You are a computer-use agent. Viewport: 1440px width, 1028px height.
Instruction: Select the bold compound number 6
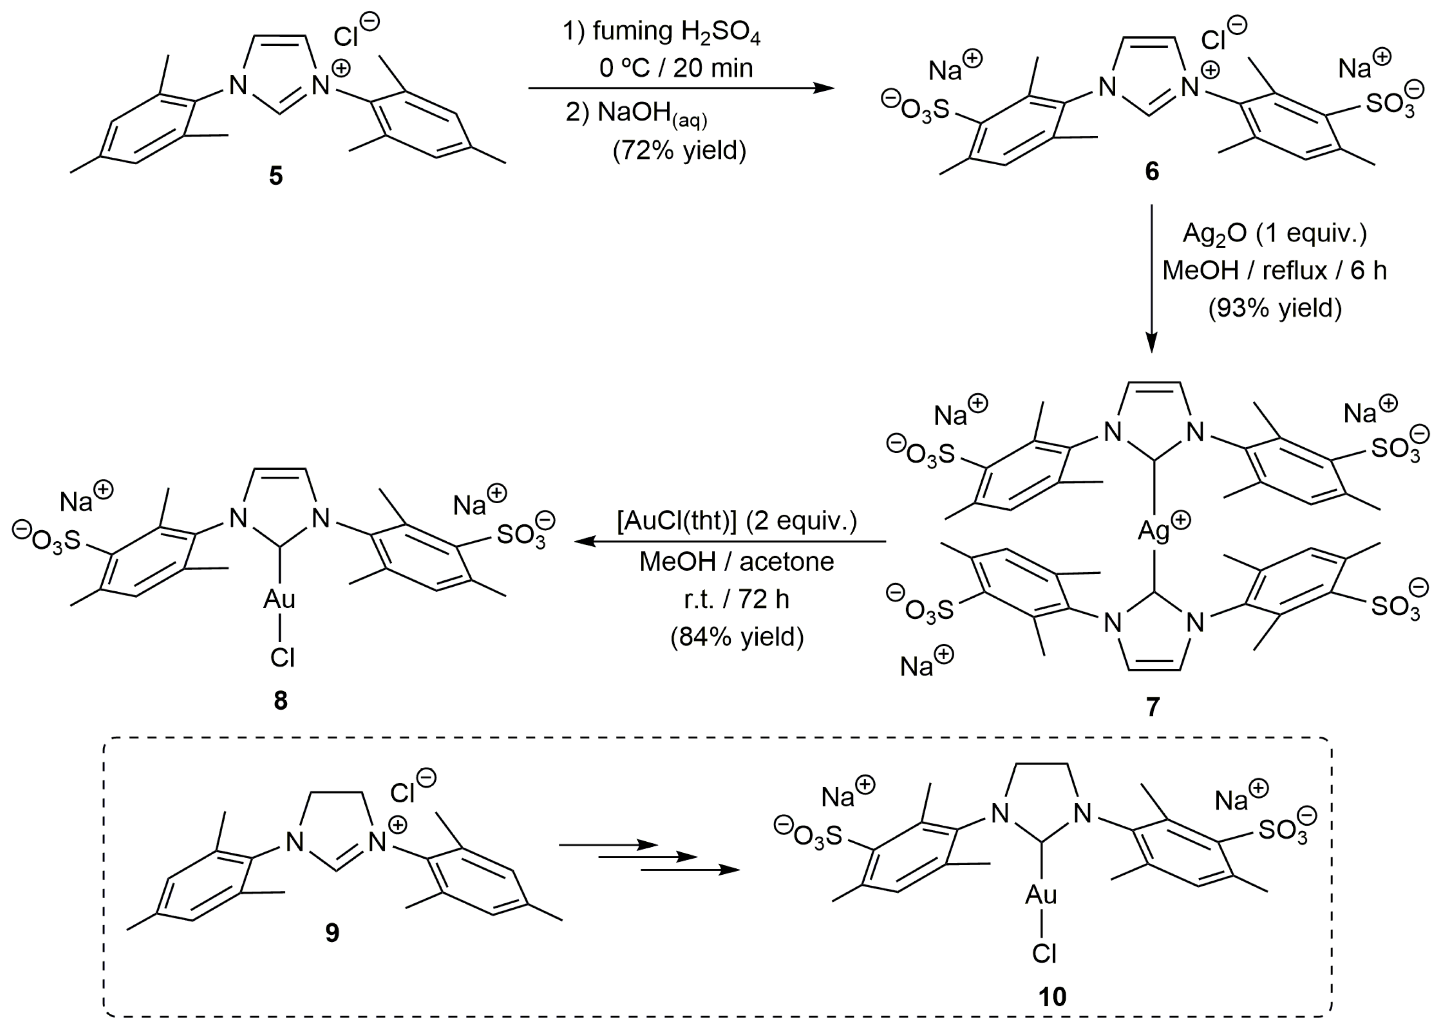(1152, 172)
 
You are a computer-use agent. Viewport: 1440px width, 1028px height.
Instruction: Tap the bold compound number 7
(1153, 706)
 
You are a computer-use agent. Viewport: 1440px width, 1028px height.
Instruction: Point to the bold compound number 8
(280, 701)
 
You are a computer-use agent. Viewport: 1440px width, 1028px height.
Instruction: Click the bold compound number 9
(332, 933)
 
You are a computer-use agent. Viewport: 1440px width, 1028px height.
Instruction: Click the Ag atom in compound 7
(1153, 530)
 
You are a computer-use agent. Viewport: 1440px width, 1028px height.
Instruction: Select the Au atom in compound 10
(1041, 895)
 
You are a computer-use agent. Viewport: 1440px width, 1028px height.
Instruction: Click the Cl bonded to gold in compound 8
(282, 658)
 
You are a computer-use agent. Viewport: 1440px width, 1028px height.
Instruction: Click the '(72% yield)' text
(679, 150)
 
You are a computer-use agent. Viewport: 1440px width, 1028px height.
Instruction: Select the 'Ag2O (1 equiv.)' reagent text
(1274, 233)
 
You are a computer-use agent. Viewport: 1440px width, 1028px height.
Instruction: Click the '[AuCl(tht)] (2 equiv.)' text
(737, 522)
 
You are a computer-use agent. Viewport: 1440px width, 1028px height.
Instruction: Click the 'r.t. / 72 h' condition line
(737, 599)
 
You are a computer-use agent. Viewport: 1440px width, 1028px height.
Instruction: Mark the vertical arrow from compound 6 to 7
(1151, 278)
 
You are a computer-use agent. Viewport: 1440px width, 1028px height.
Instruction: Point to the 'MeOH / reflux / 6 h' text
(1274, 271)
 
